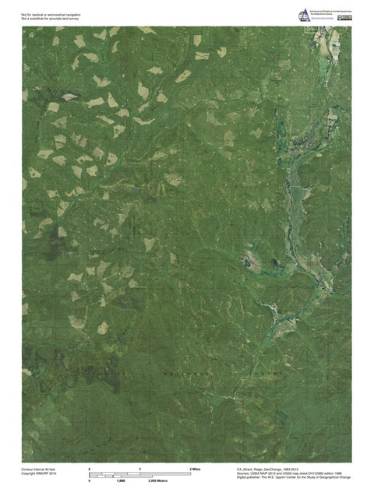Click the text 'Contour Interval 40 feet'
click(x=38, y=470)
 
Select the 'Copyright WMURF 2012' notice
click(x=37, y=474)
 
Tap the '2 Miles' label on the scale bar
click(x=196, y=469)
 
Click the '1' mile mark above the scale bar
click(x=140, y=469)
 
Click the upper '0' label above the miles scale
click(x=90, y=469)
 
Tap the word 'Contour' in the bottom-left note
click(x=27, y=470)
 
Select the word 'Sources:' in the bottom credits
click(x=242, y=474)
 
